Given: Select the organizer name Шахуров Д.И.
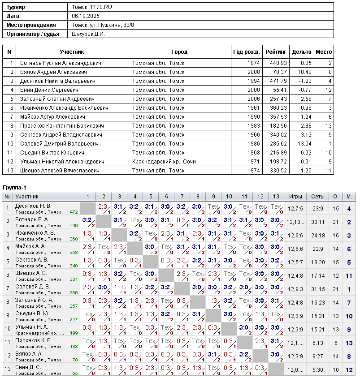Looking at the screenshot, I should [88, 34].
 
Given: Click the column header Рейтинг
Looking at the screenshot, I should [276, 52].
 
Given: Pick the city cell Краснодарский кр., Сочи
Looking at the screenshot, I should [164, 162].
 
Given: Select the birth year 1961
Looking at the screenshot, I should [253, 108].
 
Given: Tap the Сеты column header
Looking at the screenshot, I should [318, 197].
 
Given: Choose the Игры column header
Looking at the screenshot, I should [295, 197].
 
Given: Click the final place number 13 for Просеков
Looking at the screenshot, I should [349, 343].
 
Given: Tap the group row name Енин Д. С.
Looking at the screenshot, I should [28, 367].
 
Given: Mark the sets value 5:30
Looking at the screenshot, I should [318, 370].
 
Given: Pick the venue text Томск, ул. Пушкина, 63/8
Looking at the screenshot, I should [103, 25].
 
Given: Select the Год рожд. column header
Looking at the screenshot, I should [247, 52].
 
